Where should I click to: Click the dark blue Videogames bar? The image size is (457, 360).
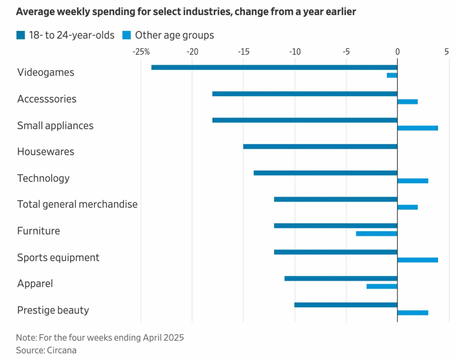274,67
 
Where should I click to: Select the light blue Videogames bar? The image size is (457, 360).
392,75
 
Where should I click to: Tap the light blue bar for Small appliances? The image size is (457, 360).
417,128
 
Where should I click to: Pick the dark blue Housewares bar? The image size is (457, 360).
320,147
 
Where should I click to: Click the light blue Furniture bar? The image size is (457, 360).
376,234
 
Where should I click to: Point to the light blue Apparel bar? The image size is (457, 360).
382,286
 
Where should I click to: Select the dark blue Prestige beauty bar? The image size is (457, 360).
346,305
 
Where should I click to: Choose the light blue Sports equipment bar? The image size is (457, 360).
417,260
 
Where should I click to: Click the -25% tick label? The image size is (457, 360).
141,52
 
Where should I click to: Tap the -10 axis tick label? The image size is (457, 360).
294,52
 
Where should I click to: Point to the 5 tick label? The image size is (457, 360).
446,52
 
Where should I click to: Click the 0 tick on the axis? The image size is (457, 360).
397,52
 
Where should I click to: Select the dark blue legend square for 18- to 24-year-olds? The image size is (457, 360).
21,35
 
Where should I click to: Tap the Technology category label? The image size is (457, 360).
43,178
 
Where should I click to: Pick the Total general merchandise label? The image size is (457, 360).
77,205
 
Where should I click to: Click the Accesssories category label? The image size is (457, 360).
47,99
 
